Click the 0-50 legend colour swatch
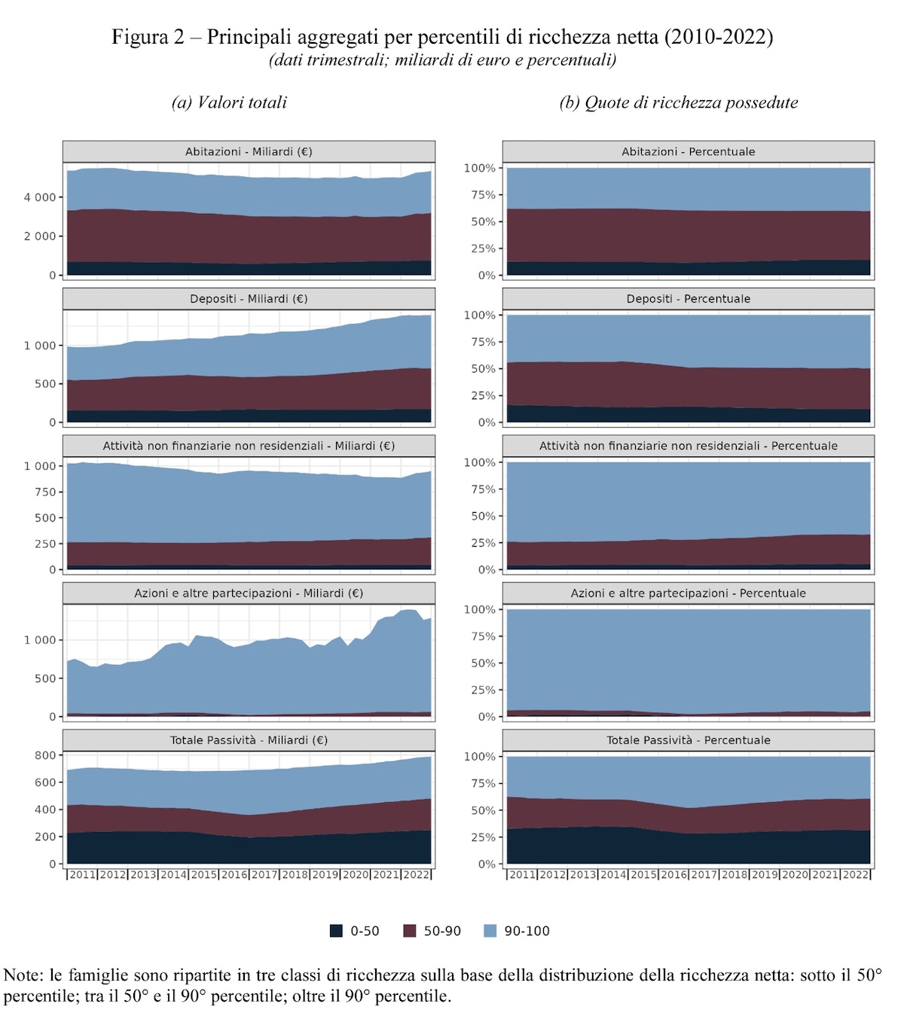click(336, 931)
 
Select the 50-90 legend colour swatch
click(410, 931)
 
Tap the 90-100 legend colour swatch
click(490, 931)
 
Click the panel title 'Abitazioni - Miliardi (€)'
click(249, 151)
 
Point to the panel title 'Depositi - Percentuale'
click(688, 299)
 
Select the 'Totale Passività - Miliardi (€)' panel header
click(249, 740)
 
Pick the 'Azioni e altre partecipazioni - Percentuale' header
click(688, 593)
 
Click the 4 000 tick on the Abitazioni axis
click(40, 197)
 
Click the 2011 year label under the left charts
click(82, 875)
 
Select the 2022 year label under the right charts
click(855, 875)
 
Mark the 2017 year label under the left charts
click(264, 875)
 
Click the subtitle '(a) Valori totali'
click(229, 102)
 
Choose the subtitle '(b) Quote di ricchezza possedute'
click(678, 102)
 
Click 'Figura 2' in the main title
click(148, 37)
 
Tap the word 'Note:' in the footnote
click(24, 975)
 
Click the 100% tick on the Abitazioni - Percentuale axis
click(479, 168)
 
